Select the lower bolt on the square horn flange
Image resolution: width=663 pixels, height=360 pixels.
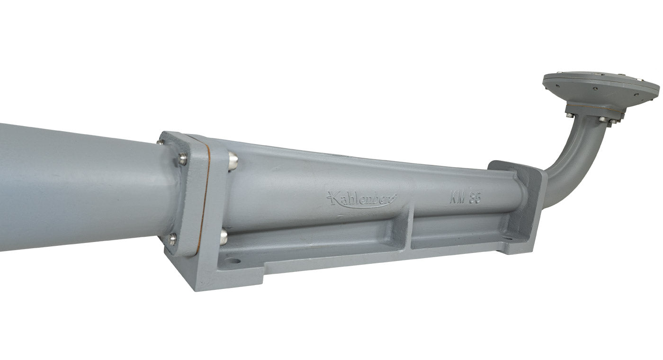(172, 239)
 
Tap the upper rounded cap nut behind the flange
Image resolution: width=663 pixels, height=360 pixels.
(233, 161)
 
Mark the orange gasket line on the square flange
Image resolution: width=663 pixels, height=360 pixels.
(204, 199)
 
